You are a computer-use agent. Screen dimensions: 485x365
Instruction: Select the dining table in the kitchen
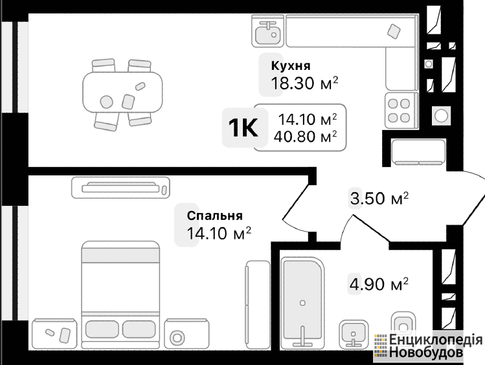pos(122,93)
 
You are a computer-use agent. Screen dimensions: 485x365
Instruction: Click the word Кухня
pos(291,66)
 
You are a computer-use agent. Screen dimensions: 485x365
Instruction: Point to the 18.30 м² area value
pos(304,83)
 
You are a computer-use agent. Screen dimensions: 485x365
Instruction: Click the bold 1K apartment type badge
pos(243,128)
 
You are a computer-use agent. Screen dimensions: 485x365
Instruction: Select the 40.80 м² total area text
pos(305,137)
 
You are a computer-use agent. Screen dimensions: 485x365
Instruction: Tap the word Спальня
pos(215,216)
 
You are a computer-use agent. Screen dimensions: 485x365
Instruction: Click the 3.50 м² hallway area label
pos(379,198)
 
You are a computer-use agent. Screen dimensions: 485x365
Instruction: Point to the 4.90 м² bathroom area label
pos(379,283)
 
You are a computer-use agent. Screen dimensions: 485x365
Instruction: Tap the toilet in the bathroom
pos(403,324)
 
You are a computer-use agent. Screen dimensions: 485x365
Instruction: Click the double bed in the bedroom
pos(120,295)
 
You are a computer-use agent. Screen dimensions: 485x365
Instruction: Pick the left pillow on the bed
pos(102,329)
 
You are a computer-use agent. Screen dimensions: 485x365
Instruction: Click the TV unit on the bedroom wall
pos(120,188)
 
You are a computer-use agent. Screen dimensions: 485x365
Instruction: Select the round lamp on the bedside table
pos(177,338)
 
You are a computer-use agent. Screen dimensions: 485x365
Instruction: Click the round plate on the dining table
pos(106,102)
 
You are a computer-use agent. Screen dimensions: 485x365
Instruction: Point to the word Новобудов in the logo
pos(426,352)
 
